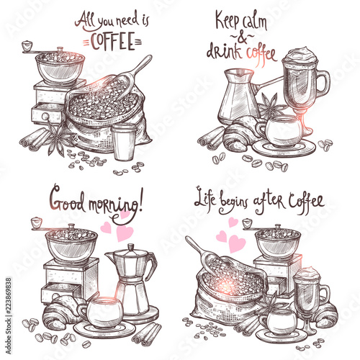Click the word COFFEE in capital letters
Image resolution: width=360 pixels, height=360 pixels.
[x=112, y=41]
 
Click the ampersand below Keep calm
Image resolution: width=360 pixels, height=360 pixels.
[x=242, y=38]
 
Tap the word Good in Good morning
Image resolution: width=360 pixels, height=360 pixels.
[x=67, y=200]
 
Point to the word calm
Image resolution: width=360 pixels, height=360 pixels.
[x=254, y=22]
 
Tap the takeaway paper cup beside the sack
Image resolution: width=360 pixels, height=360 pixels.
[x=124, y=142]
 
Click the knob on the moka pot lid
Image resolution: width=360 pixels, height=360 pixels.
[x=131, y=247]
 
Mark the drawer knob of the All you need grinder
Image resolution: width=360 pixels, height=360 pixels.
[x=45, y=117]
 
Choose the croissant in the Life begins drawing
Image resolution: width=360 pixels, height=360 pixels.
[x=326, y=314]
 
